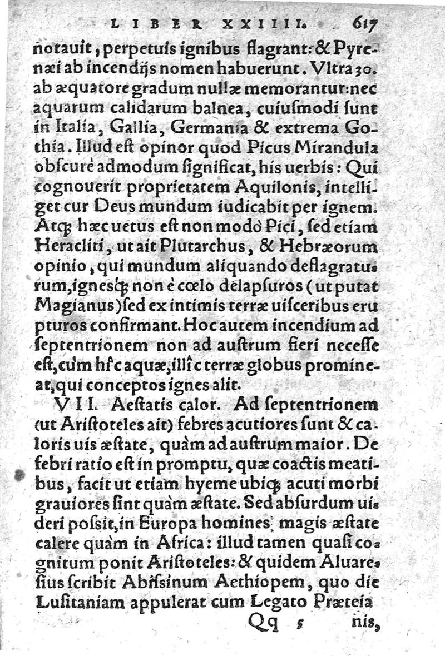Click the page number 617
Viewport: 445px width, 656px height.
[x=365, y=23]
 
